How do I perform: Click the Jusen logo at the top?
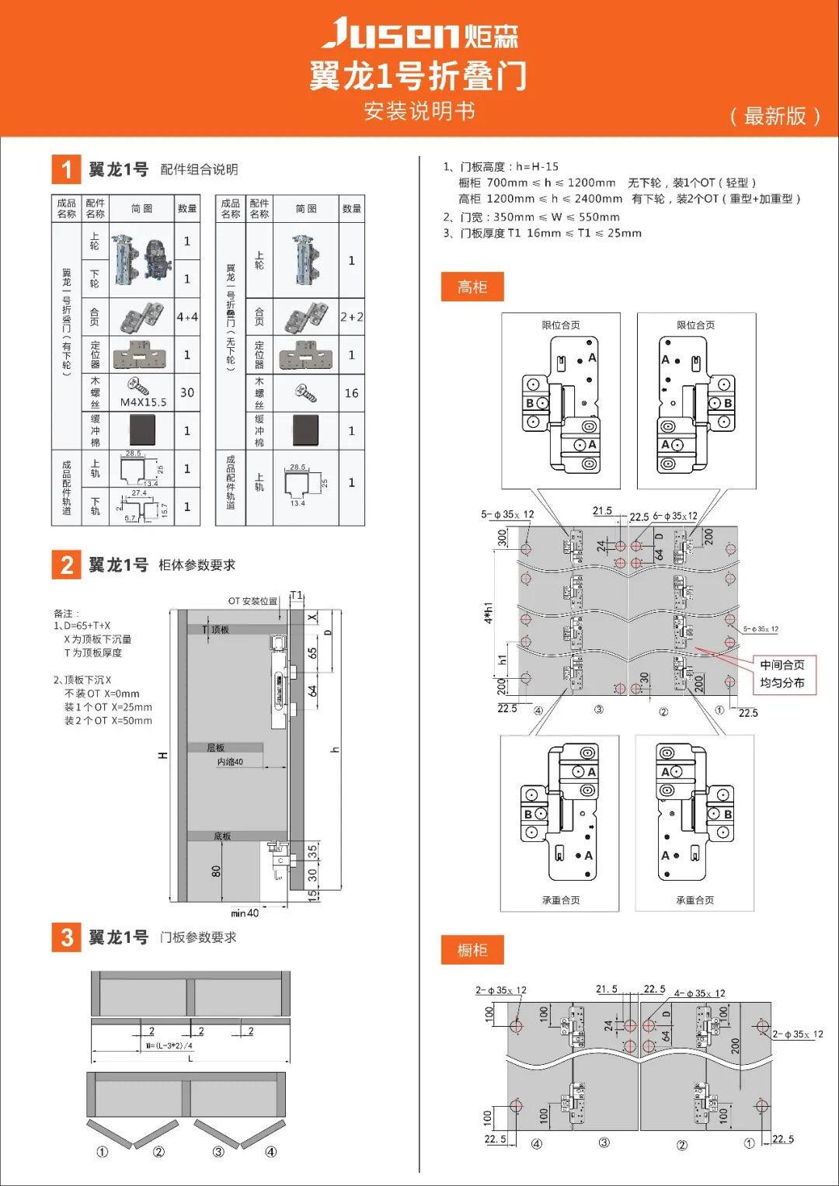(x=419, y=34)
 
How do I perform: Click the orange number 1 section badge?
(x=67, y=169)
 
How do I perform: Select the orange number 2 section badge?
(x=67, y=565)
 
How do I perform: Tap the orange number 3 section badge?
(x=67, y=937)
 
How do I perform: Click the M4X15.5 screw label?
(x=143, y=402)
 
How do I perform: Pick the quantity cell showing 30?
(x=187, y=393)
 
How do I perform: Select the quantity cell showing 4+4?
(x=187, y=317)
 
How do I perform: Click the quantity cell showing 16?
(x=352, y=394)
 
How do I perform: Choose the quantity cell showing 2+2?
(x=352, y=317)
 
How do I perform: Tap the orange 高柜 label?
(x=472, y=287)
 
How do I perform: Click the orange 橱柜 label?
(x=472, y=950)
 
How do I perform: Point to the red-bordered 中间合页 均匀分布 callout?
(x=782, y=674)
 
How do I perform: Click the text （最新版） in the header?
(x=775, y=117)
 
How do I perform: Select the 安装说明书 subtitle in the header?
(x=419, y=112)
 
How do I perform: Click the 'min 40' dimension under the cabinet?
(x=245, y=913)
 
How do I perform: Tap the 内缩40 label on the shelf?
(x=230, y=762)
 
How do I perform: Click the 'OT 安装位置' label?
(x=252, y=601)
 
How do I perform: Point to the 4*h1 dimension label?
(x=489, y=613)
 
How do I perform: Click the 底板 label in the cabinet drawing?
(x=222, y=836)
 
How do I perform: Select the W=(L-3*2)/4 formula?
(x=169, y=1045)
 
